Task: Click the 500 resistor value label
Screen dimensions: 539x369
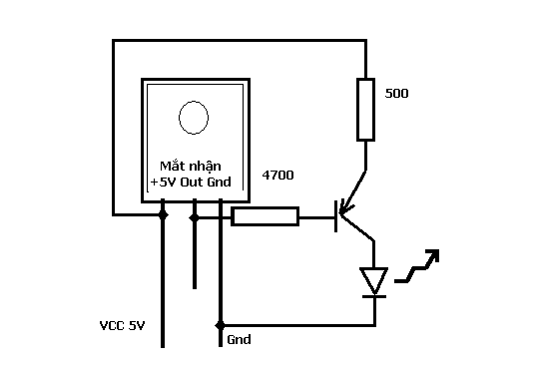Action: click(396, 94)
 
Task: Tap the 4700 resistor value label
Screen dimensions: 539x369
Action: click(277, 176)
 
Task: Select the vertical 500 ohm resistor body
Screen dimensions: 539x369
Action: click(365, 110)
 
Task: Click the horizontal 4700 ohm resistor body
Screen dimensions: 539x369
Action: click(265, 216)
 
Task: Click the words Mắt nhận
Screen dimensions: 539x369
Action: click(191, 167)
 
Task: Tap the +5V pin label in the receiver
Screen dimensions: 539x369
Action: click(164, 182)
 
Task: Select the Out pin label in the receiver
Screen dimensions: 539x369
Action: click(192, 182)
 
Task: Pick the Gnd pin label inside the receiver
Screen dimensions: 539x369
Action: click(219, 182)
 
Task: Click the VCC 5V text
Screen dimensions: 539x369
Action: click(122, 326)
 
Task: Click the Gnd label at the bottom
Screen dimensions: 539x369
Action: click(239, 340)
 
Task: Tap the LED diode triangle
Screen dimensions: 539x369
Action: click(374, 280)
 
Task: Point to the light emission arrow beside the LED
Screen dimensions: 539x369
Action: click(417, 266)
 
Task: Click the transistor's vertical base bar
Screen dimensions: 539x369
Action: click(335, 216)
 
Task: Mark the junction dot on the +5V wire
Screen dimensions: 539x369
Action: click(163, 215)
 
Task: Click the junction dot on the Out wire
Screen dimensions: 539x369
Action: click(195, 217)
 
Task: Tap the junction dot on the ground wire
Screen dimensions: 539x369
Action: click(221, 325)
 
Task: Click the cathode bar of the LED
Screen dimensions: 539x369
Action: click(374, 296)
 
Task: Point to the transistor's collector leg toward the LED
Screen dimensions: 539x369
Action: click(357, 227)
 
